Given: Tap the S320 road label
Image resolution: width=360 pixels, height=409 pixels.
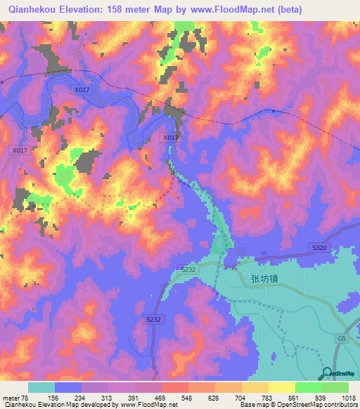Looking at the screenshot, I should (319, 248).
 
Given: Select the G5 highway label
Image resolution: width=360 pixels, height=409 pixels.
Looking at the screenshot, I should (341, 339).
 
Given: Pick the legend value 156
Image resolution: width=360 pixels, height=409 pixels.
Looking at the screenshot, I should (56, 398).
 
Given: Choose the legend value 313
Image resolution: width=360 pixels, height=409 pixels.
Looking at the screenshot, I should (110, 398).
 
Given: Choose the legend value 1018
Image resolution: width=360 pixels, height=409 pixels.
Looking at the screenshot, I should (348, 398).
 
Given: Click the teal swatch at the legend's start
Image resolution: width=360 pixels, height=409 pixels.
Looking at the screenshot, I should (41, 387).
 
